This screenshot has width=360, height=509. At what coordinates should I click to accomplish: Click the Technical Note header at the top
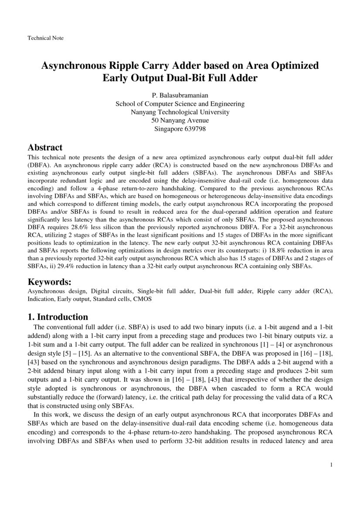point(46,38)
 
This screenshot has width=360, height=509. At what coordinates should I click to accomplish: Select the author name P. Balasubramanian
point(180,95)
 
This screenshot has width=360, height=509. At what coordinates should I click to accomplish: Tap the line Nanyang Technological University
point(180,112)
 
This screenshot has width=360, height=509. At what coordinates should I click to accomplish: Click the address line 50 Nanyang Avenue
point(180,120)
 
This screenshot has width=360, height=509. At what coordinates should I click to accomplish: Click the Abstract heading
point(45,148)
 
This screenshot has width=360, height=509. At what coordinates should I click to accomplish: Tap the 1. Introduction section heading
point(58,317)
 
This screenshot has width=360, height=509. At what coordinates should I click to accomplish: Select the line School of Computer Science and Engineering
point(180,104)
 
